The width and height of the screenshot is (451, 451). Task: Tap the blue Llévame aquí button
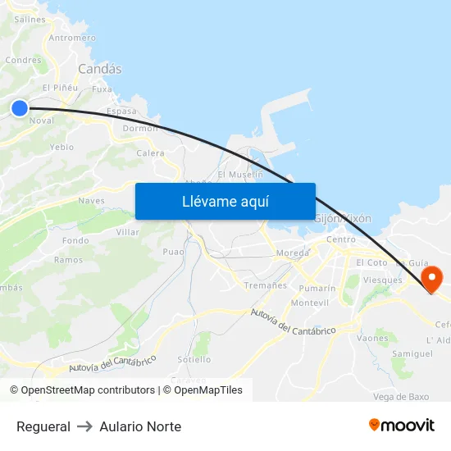coord(225,201)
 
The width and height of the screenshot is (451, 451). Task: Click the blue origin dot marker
coord(19,107)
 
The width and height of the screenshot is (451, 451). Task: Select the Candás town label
coord(100,70)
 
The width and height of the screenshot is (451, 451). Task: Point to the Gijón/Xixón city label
coord(343,219)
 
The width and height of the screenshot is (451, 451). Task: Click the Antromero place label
coord(72,38)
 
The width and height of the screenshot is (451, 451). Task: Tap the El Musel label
coord(240,175)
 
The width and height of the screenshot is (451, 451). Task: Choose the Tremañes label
coord(266,285)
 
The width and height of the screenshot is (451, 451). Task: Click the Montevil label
coord(310,303)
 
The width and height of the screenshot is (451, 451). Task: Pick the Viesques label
coord(382,280)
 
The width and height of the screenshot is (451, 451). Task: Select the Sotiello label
coord(194,359)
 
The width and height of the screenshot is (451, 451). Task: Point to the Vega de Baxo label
coord(401,397)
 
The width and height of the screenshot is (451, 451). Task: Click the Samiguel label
coord(412,353)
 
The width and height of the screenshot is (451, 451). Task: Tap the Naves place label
coord(91,200)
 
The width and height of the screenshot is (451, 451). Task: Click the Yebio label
coord(61,148)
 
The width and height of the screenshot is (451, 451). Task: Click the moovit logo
coord(401,425)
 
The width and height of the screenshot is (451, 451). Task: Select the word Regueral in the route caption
coord(43,426)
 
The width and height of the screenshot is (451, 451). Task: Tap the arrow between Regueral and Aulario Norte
coord(85,426)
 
